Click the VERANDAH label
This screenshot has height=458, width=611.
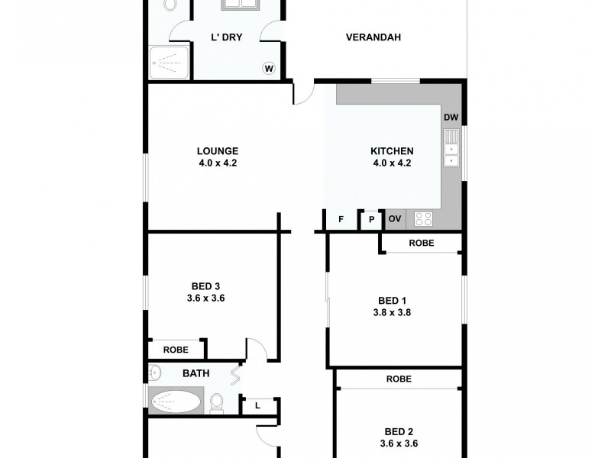373,37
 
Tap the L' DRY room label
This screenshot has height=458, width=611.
226,37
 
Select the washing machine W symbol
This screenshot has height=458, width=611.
269,69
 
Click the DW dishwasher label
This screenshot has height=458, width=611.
451,118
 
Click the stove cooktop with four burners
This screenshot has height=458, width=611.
423,219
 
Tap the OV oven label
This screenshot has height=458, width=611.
395,219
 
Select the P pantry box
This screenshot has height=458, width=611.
371,220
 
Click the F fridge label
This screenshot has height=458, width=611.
341,220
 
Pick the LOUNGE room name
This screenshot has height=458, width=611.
217,151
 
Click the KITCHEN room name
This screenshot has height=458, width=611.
393,151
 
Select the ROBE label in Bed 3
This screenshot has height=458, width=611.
176,350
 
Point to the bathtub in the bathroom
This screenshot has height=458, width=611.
176,400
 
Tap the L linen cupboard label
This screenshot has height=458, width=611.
257,405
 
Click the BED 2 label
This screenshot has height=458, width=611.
398,431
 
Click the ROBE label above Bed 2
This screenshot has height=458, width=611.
398,379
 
